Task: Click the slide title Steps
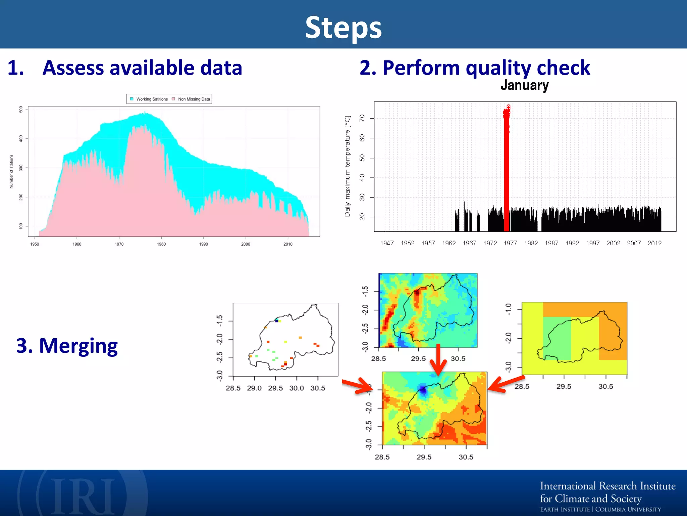[343, 28]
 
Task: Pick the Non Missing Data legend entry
[191, 99]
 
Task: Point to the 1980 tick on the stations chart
[161, 244]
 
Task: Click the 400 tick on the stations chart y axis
[21, 138]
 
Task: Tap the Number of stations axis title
[11, 171]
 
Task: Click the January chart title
[524, 85]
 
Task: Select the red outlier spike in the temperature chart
[507, 168]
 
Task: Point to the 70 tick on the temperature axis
[362, 118]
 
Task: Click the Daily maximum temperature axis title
[348, 166]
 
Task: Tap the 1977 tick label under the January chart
[510, 243]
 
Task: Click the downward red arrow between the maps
[438, 361]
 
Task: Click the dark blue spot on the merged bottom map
[423, 390]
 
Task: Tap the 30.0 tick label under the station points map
[297, 388]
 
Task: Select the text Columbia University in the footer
[628, 509]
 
